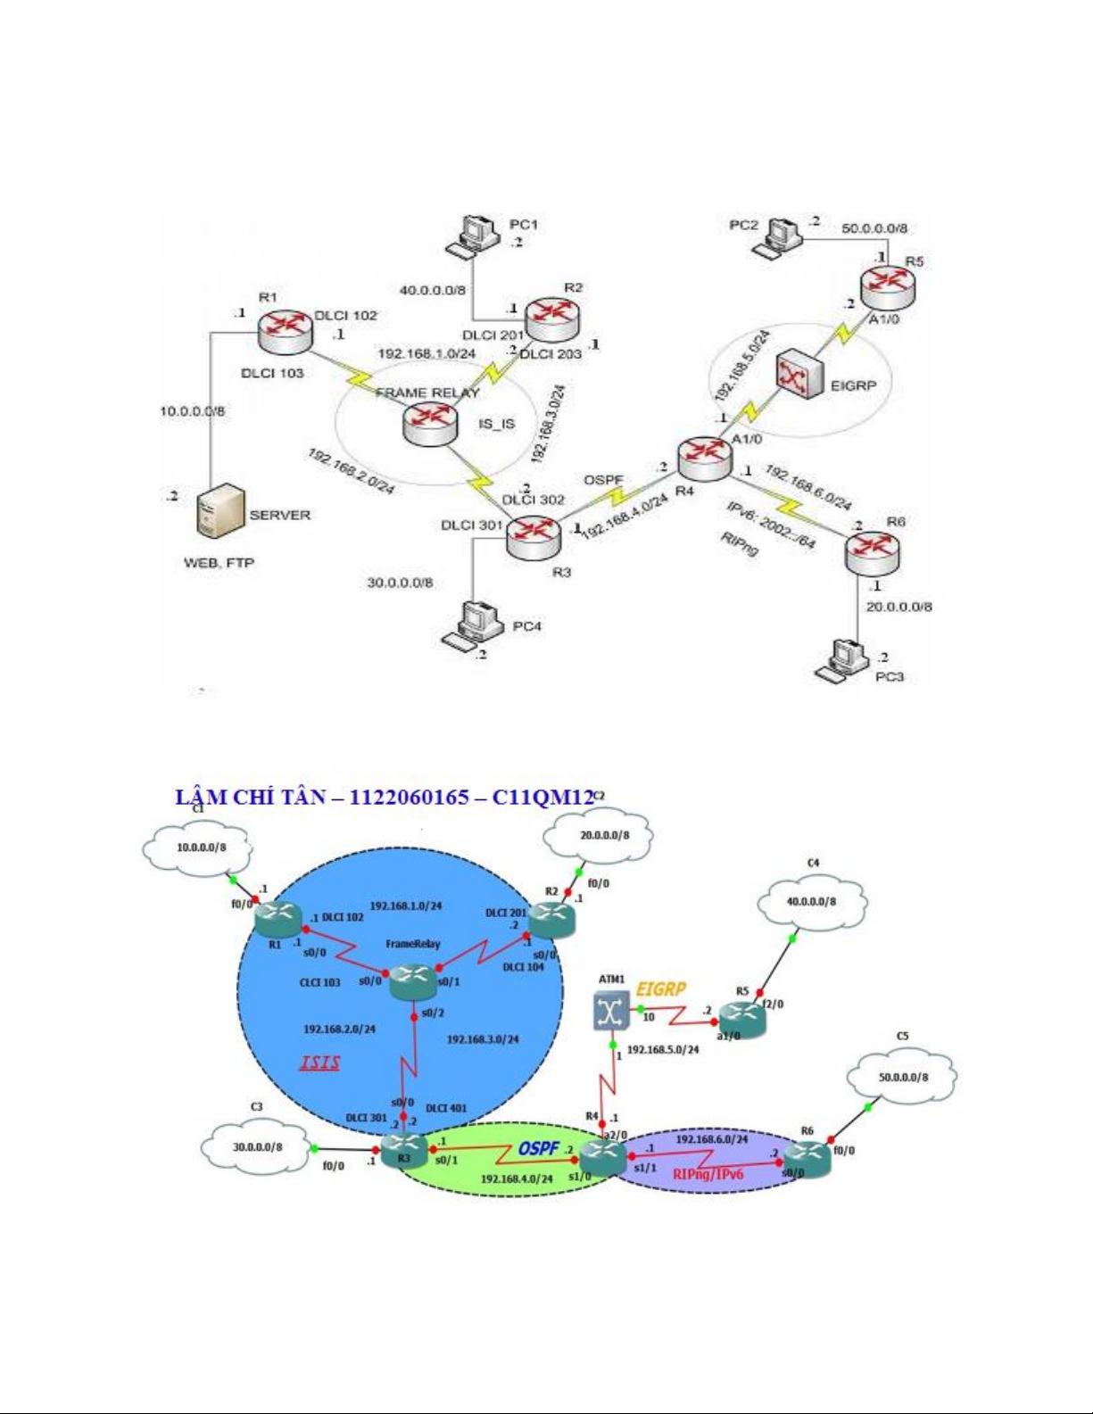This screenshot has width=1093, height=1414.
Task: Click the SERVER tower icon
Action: click(x=220, y=511)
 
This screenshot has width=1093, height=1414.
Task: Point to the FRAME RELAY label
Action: click(x=427, y=393)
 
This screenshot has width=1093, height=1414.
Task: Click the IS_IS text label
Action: click(x=496, y=423)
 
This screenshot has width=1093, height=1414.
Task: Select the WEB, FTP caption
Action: click(x=219, y=563)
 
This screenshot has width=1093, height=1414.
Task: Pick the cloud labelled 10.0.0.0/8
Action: click(x=201, y=847)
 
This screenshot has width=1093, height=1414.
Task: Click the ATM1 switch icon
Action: click(x=611, y=1010)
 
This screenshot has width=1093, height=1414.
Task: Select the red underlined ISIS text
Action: click(x=319, y=1063)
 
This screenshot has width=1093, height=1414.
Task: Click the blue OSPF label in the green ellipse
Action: click(x=538, y=1148)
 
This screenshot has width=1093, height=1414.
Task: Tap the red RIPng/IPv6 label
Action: click(x=708, y=1174)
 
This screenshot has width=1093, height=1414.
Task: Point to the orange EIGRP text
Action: click(x=661, y=988)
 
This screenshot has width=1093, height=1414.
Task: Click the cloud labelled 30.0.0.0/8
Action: click(x=257, y=1146)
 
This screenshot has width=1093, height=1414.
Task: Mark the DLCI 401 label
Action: click(x=446, y=1108)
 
